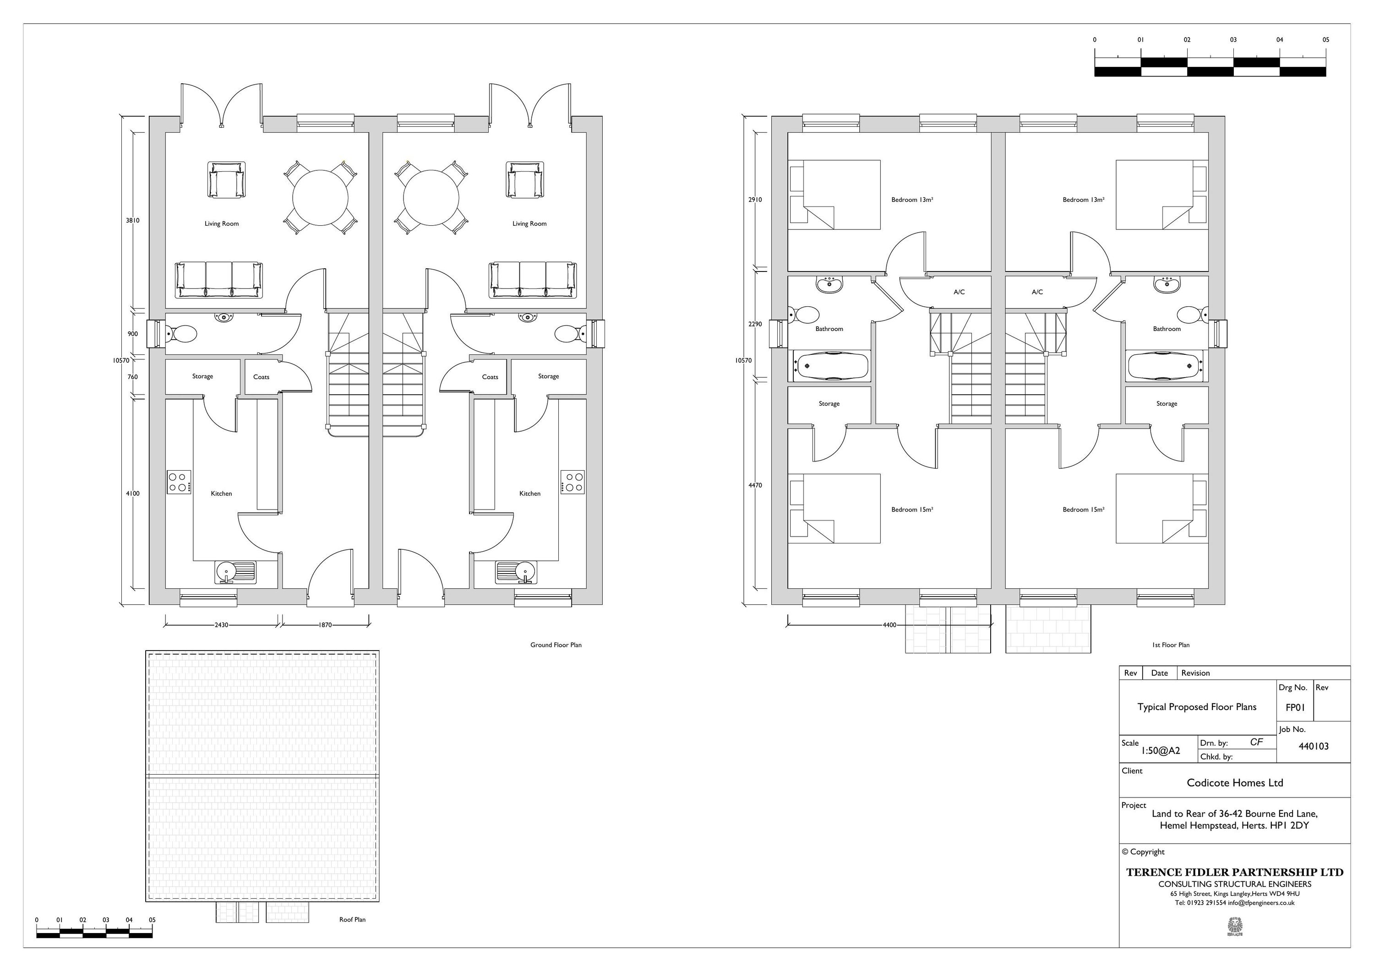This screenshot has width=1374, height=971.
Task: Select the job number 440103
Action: point(1313,746)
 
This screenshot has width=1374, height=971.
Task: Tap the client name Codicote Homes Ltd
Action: point(1235,782)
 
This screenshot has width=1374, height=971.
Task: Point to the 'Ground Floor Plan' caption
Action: point(556,645)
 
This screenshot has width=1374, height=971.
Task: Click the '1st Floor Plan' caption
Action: point(1171,645)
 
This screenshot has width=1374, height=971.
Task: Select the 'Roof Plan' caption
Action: point(352,920)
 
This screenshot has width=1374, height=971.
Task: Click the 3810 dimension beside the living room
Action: point(132,220)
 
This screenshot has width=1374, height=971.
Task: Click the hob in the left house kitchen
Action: point(179,482)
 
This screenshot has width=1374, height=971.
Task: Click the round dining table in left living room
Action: point(320,197)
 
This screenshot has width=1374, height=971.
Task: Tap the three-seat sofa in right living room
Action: point(532,279)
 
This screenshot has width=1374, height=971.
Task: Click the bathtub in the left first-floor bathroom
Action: point(832,365)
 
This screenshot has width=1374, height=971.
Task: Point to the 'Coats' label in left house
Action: point(261,377)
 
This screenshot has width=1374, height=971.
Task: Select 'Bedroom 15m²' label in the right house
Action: point(1083,510)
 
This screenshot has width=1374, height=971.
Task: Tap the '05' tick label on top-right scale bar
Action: point(1325,39)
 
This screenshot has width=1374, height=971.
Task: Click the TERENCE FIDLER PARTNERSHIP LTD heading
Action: point(1235,872)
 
